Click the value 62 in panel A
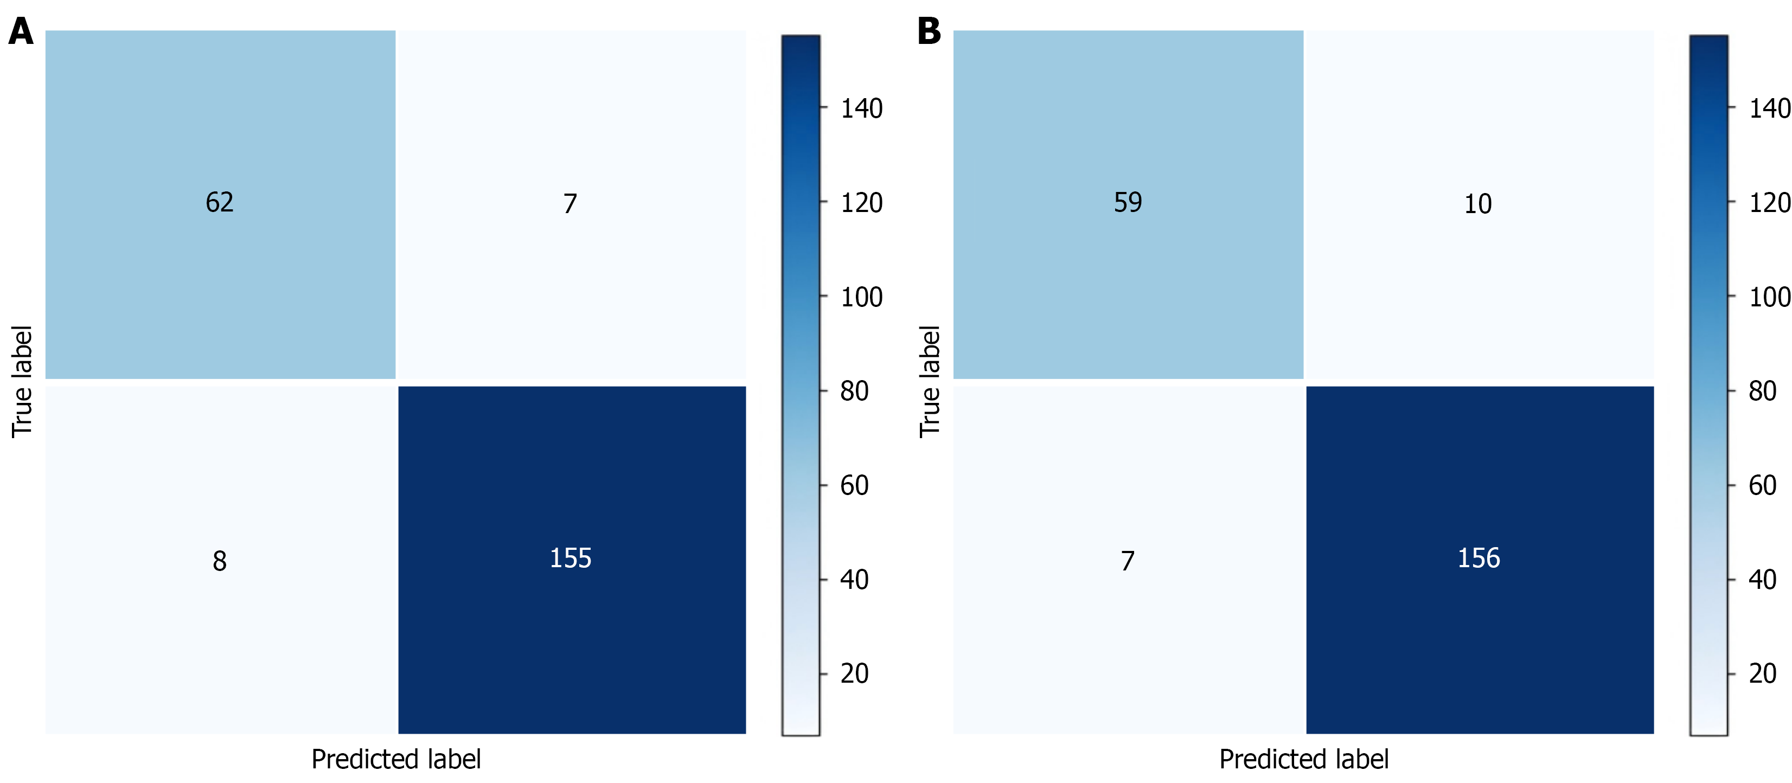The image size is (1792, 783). click(x=219, y=202)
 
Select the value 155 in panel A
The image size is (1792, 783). click(x=571, y=559)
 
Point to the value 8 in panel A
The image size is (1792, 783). click(x=219, y=561)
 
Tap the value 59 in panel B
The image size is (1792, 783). click(x=1128, y=202)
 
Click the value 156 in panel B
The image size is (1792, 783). click(x=1479, y=559)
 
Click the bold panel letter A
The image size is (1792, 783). click(x=21, y=32)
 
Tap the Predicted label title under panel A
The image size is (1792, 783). click(x=396, y=759)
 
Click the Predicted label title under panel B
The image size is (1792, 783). click(x=1304, y=759)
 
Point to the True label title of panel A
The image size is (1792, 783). click(x=22, y=382)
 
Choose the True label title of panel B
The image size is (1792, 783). click(x=930, y=382)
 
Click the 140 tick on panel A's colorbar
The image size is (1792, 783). click(x=861, y=108)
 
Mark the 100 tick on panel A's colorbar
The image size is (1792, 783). click(x=861, y=297)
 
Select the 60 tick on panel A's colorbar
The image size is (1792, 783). click(x=854, y=485)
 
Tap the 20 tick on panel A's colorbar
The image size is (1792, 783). click(x=854, y=674)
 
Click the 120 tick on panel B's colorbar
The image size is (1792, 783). click(x=1769, y=203)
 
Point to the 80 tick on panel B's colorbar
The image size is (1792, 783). click(x=1762, y=391)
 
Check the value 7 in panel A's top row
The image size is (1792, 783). click(x=569, y=204)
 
